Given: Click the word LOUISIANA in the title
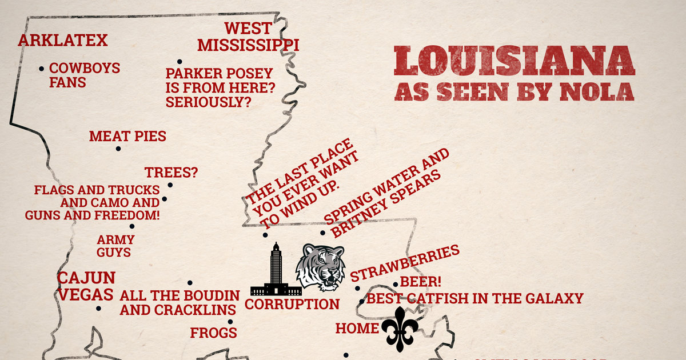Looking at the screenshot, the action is tap(514, 61).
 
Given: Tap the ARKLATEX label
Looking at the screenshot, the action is tap(63, 41).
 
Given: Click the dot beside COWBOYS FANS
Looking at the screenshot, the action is tap(42, 69).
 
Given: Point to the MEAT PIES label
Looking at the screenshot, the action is tap(127, 137).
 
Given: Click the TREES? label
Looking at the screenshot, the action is tap(171, 173).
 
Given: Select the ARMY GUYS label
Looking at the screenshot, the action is tap(115, 246).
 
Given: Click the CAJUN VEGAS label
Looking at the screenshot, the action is tap(86, 286).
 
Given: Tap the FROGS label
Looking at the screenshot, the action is tap(213, 333).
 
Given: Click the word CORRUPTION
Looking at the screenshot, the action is tap(292, 304).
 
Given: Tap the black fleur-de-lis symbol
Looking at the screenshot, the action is tap(400, 328).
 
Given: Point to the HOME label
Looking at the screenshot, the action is tap(357, 329).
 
